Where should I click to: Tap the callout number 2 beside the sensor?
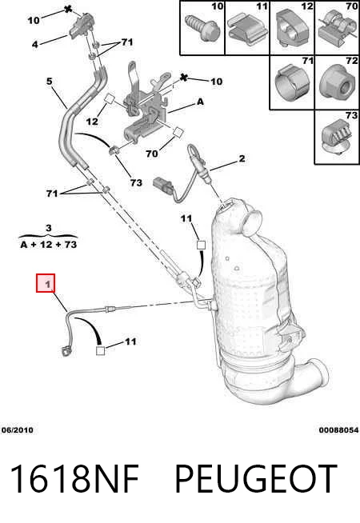click(x=242, y=158)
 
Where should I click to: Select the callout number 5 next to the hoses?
click(x=50, y=81)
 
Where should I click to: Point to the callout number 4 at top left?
click(x=35, y=44)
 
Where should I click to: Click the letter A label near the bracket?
click(x=200, y=102)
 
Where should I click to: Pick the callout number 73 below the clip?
click(x=136, y=182)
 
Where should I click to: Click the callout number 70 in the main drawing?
click(x=152, y=154)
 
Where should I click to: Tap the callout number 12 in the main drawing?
click(x=92, y=122)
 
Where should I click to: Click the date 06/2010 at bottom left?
click(x=18, y=430)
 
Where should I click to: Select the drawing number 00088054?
click(x=338, y=430)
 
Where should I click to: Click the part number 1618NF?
click(x=74, y=478)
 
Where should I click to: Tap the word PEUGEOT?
click(x=256, y=478)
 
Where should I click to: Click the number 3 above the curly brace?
click(x=49, y=228)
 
